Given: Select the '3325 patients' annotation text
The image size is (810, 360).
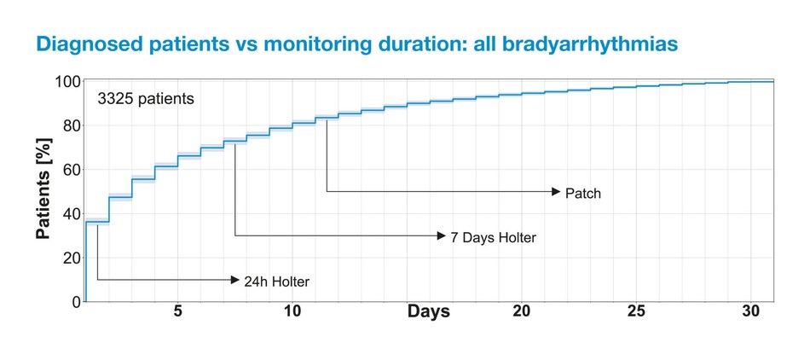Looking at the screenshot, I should click(145, 99).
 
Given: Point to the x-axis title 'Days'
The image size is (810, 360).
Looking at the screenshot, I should click(428, 312).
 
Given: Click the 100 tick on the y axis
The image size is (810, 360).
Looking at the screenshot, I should click(68, 83).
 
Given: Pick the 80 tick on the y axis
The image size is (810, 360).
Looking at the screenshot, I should click(72, 126).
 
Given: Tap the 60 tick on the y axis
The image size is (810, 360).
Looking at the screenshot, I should click(72, 170).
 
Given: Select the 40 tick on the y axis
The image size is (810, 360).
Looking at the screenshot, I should click(72, 214).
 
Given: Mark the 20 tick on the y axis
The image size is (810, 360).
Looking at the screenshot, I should click(72, 258).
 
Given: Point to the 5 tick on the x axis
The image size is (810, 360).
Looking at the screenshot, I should click(177, 311).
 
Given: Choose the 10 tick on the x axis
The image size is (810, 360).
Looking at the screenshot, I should click(292, 311).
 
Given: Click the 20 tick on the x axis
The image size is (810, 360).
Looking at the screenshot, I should click(521, 311).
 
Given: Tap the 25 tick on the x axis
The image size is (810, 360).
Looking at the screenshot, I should click(636, 311).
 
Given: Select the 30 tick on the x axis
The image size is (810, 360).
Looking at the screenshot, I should click(750, 311).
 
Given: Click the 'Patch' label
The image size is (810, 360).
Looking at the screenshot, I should click(583, 194).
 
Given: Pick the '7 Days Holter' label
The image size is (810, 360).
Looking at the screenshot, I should click(493, 237).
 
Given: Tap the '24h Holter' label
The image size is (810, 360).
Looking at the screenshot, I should click(276, 281).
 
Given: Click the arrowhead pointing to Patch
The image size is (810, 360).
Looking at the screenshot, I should click(555, 192).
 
